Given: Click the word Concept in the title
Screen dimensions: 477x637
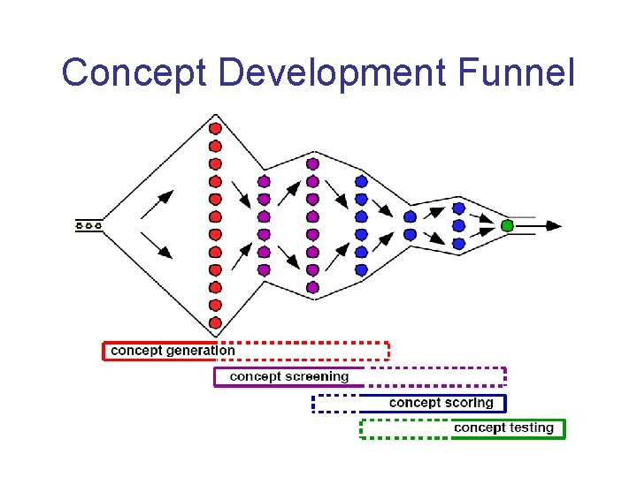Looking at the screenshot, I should [134, 72].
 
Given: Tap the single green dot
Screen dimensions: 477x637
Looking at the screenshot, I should [507, 225].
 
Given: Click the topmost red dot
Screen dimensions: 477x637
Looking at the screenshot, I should [215, 128].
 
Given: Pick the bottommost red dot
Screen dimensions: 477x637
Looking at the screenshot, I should [215, 323].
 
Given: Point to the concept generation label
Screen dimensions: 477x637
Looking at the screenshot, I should [173, 351].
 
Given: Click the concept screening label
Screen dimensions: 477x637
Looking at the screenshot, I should [289, 377].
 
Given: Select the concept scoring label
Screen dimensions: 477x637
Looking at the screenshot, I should [441, 403].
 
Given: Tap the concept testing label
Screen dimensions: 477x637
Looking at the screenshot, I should [503, 428].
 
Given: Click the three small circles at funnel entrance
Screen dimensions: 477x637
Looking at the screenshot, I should [89, 225].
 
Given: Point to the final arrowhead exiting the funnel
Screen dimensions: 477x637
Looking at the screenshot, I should [552, 225].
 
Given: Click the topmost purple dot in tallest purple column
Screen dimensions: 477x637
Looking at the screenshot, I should [312, 163].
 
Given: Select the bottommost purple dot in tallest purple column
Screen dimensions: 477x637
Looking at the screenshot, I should [312, 287].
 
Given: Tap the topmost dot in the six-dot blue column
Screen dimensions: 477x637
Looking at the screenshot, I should [361, 181].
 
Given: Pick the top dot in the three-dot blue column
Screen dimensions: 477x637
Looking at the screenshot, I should [458, 208].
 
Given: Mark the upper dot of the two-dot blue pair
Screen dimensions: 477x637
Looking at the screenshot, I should [410, 216].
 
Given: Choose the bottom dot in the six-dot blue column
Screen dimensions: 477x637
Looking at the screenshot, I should [361, 269].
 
